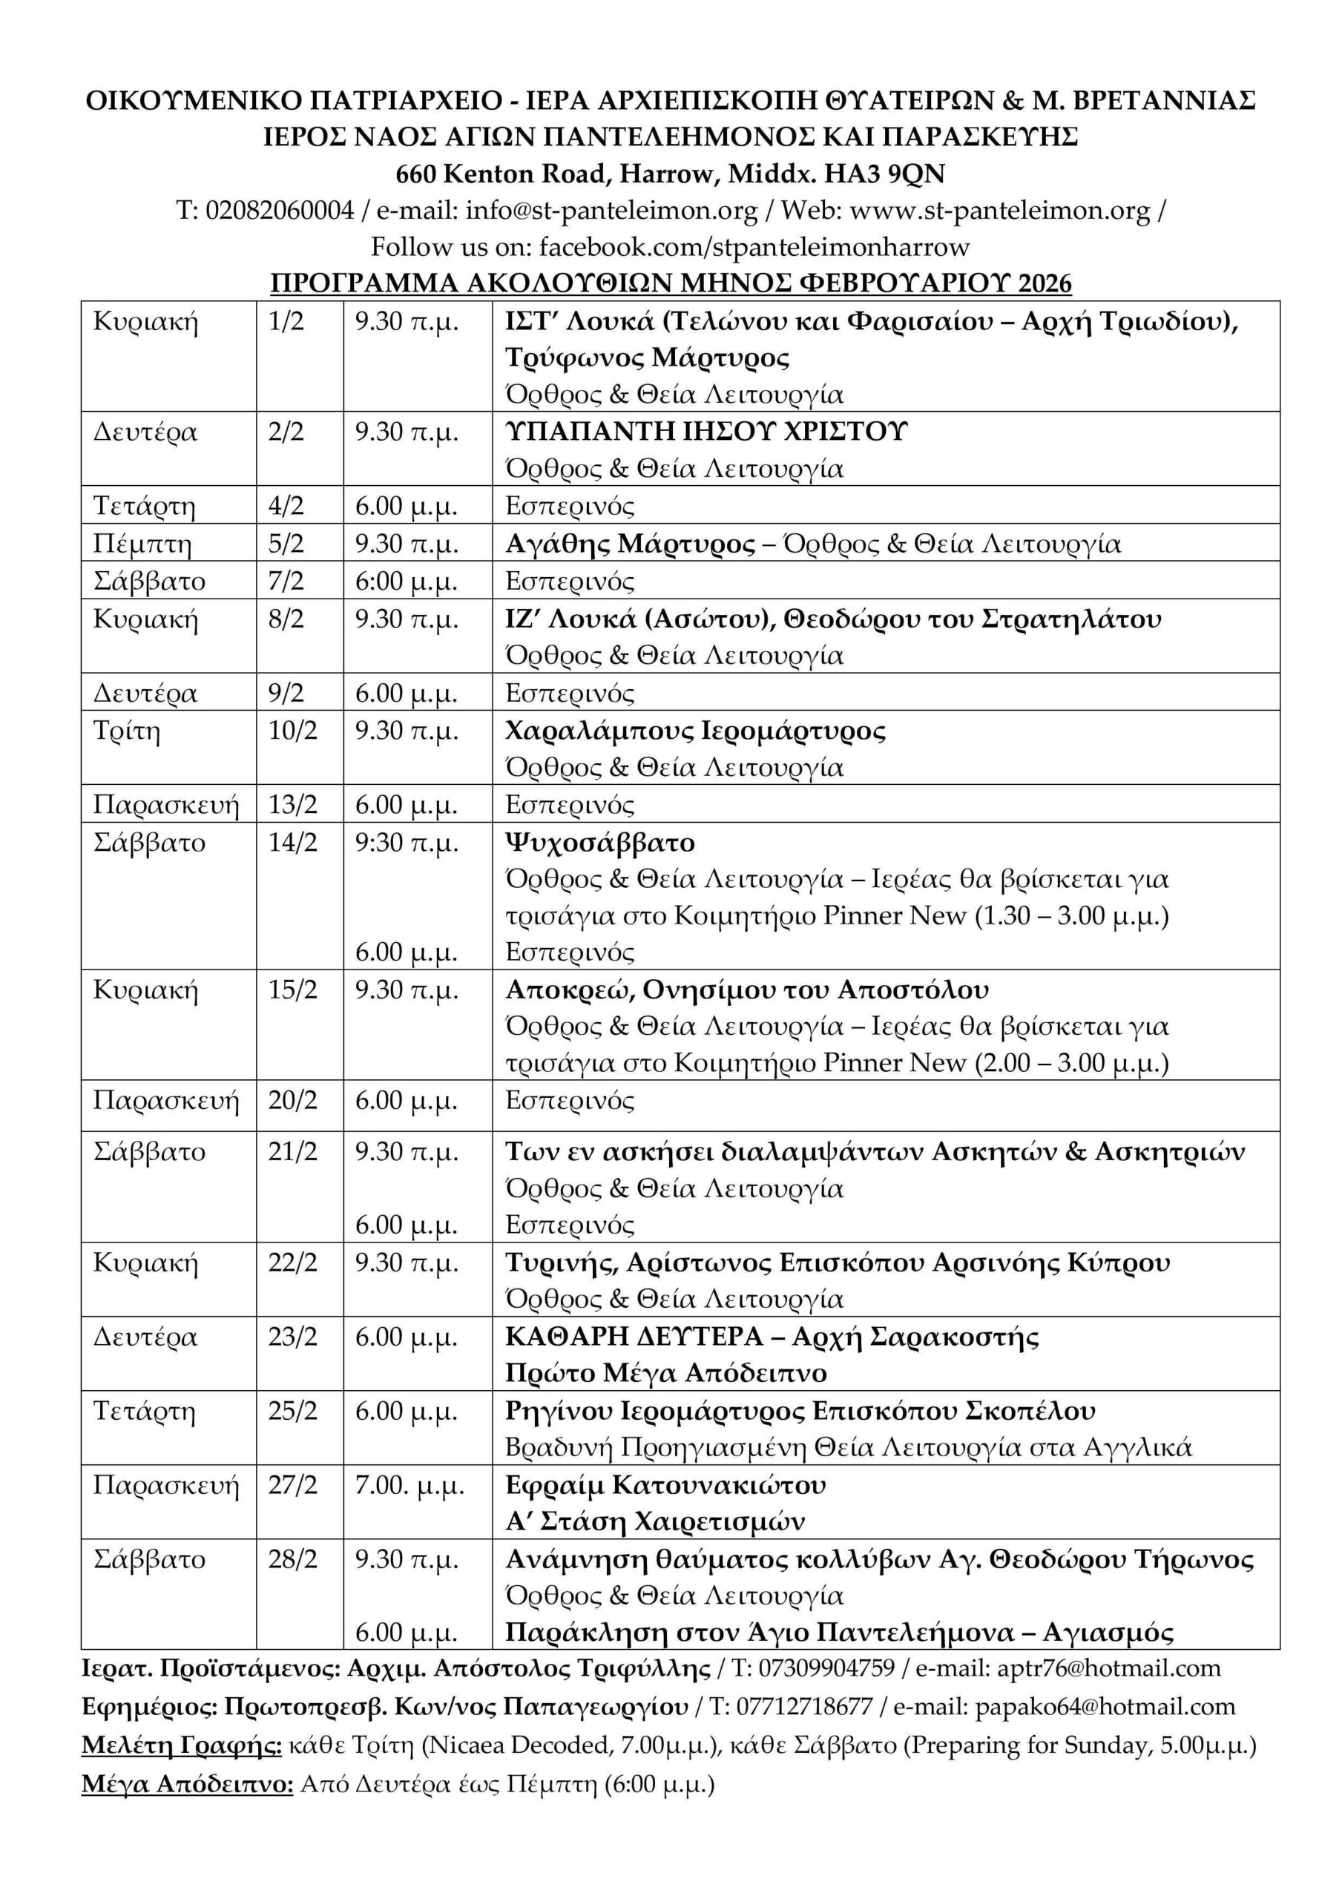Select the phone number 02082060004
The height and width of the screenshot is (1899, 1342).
pyautogui.click(x=280, y=211)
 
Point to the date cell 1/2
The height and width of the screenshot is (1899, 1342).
pyautogui.click(x=286, y=321)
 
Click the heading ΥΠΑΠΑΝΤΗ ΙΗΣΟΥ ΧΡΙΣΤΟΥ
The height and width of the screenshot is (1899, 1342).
pyautogui.click(x=706, y=432)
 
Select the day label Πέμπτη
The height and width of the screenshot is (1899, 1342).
pyautogui.click(x=142, y=544)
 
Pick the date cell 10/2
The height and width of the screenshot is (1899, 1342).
pyautogui.click(x=292, y=731)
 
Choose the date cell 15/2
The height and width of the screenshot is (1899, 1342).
pyautogui.click(x=292, y=990)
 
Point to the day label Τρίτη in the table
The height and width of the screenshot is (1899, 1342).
pyautogui.click(x=127, y=731)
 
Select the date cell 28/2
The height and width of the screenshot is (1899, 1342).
pyautogui.click(x=292, y=1559)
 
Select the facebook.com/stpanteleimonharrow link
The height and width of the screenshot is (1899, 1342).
pyautogui.click(x=754, y=246)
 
